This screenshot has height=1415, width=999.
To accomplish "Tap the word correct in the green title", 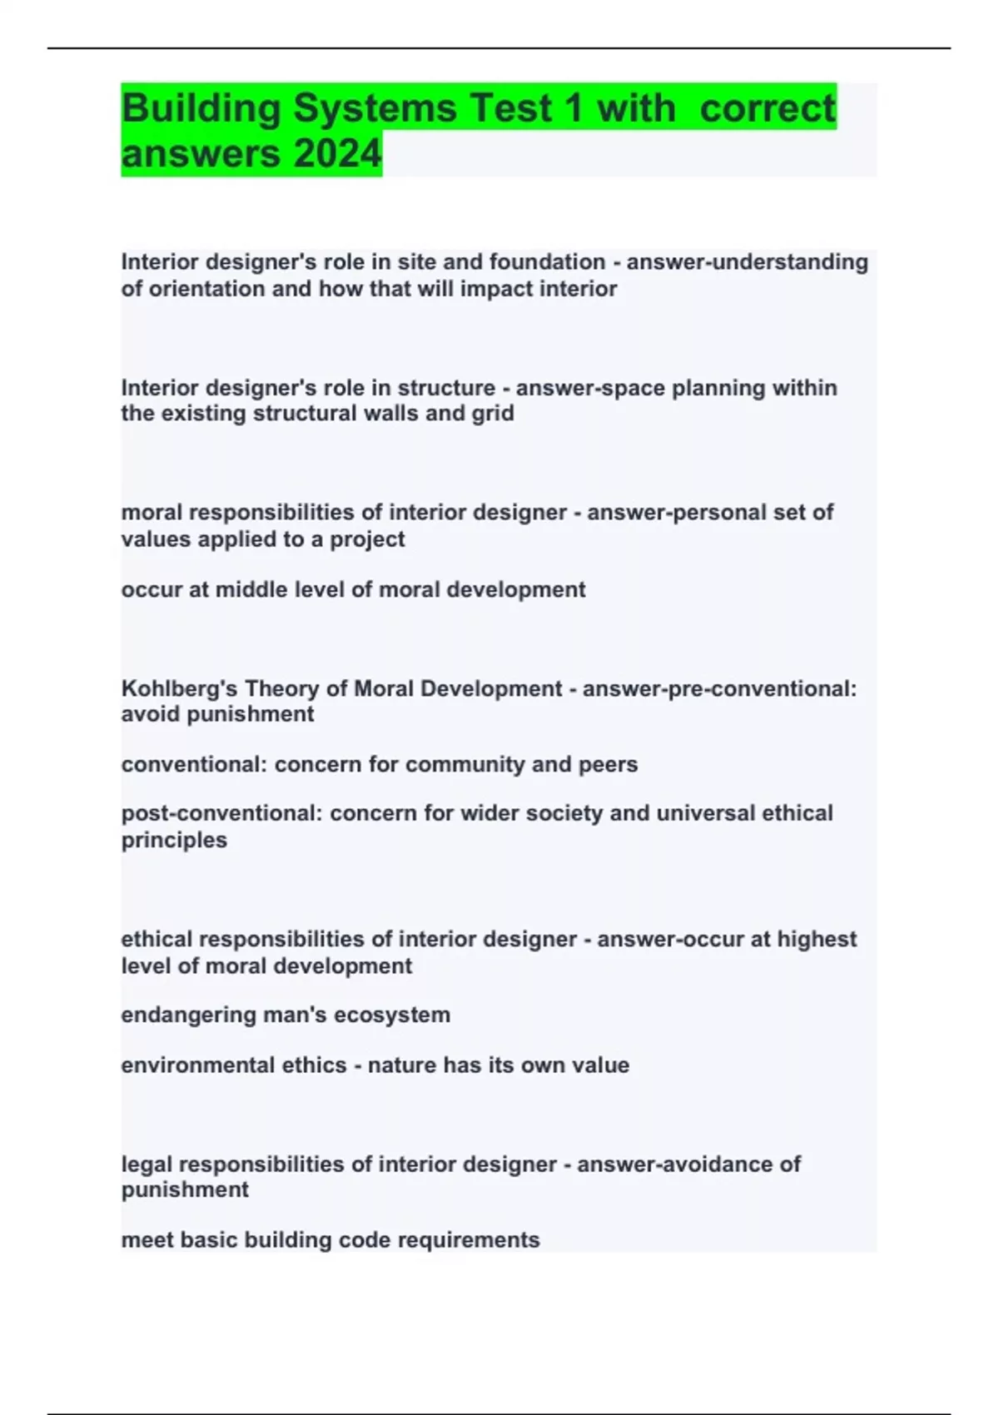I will [x=767, y=109].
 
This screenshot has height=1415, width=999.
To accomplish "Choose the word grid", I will [x=493, y=414].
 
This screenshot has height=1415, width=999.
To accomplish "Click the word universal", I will [x=706, y=813].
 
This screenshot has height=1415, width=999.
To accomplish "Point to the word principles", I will [x=174, y=840].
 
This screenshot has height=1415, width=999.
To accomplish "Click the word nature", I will [x=402, y=1065].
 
